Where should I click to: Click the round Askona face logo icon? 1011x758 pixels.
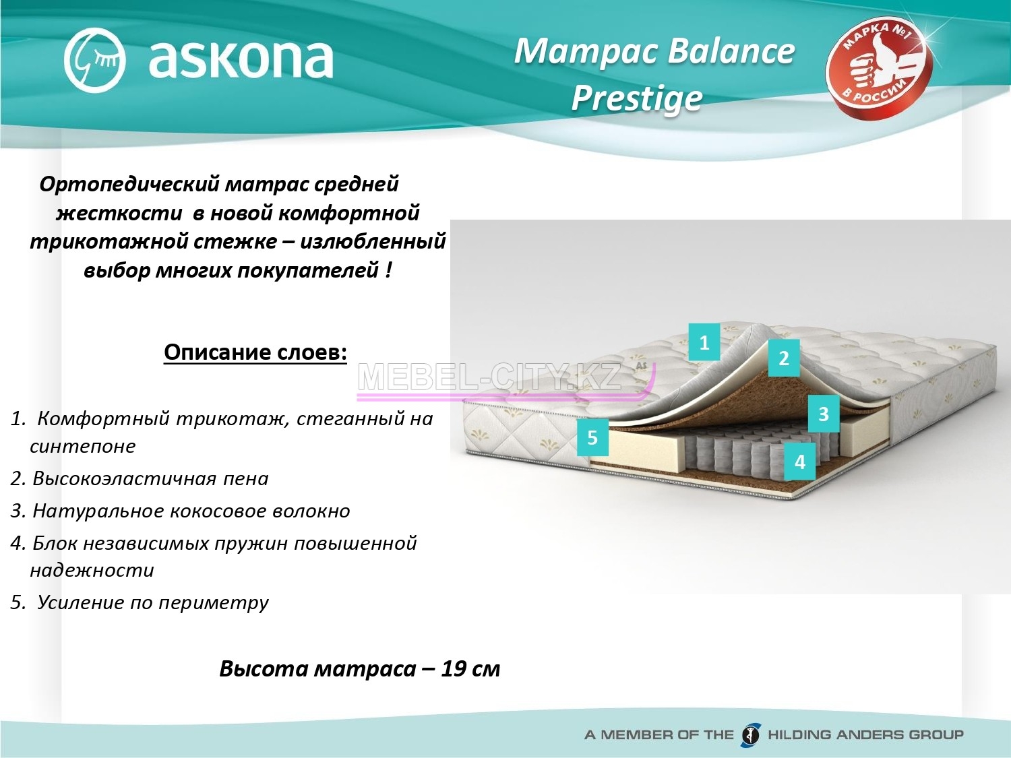pyautogui.click(x=94, y=60)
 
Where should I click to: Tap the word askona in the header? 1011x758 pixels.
pyautogui.click(x=241, y=60)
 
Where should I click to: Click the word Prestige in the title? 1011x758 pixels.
pyautogui.click(x=637, y=98)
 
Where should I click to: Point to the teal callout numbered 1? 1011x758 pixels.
pyautogui.click(x=704, y=342)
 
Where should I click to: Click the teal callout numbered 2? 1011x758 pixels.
pyautogui.click(x=783, y=358)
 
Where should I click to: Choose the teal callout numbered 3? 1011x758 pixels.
pyautogui.click(x=824, y=413)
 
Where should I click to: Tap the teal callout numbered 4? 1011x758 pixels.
pyautogui.click(x=799, y=461)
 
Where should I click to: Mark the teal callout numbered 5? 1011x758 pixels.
pyautogui.click(x=592, y=437)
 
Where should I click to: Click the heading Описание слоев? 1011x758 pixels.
pyautogui.click(x=255, y=353)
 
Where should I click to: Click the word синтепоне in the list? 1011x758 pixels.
pyautogui.click(x=83, y=447)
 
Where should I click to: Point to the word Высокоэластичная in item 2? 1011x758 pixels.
pyautogui.click(x=125, y=478)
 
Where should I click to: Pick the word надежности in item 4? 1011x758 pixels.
pyautogui.click(x=92, y=571)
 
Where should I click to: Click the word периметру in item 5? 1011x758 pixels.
pyautogui.click(x=214, y=603)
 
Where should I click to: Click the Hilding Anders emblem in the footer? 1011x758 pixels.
pyautogui.click(x=750, y=734)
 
